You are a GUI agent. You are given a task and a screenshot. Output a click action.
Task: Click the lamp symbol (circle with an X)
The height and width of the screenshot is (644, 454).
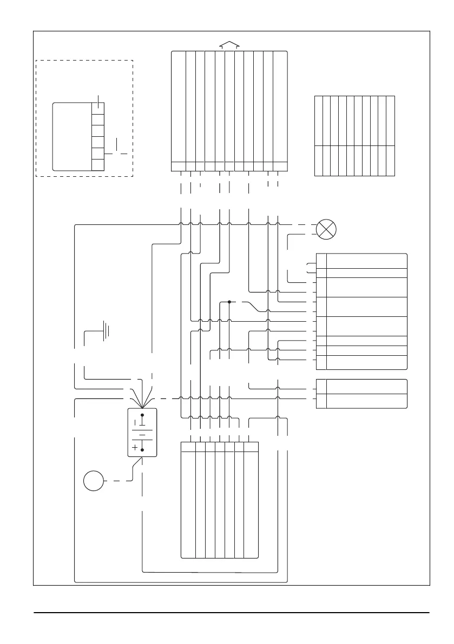coord(325,229)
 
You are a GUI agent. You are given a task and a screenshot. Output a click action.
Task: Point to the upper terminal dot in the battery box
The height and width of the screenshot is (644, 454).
coord(142,415)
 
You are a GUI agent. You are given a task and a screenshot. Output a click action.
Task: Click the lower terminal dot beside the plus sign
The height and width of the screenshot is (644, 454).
coord(142,449)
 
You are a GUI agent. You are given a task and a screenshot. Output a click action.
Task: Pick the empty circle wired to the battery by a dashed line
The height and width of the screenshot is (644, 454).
coord(93,481)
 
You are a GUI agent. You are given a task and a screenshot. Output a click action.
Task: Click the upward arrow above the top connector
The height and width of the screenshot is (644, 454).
coord(229,45)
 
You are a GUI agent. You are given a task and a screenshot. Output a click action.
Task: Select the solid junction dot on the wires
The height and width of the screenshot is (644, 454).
coord(229,302)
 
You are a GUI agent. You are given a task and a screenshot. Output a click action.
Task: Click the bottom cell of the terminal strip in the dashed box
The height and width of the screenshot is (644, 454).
coord(97,165)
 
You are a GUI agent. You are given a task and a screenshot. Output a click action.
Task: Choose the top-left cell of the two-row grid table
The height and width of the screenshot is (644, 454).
coord(319,121)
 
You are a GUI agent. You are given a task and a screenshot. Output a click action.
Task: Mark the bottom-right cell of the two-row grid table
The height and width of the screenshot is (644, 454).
coord(391,161)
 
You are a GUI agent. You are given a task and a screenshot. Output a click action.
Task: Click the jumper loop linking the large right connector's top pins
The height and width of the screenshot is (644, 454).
coord(308,267)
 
